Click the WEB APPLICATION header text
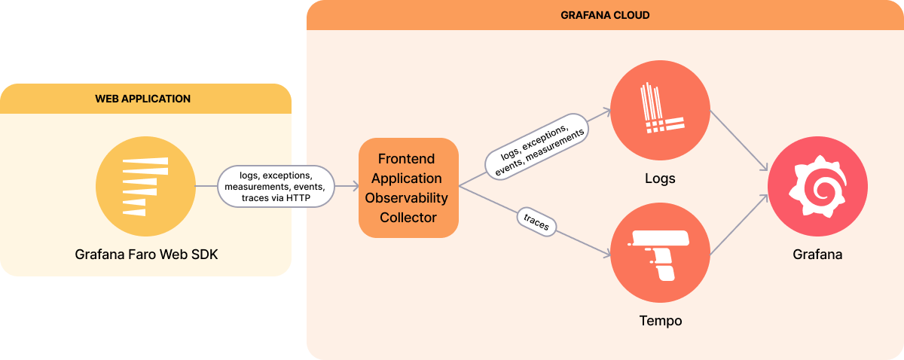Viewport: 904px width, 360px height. (142, 99)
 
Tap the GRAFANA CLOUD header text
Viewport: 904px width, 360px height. (606, 15)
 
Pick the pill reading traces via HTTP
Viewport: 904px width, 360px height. (275, 186)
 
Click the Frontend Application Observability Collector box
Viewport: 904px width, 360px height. (408, 188)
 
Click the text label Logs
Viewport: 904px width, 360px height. (660, 179)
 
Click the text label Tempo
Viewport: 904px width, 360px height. (660, 321)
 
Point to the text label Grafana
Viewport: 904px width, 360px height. (817, 255)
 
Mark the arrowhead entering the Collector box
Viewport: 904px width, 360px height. (353, 186)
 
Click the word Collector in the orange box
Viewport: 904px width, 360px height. (408, 218)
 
